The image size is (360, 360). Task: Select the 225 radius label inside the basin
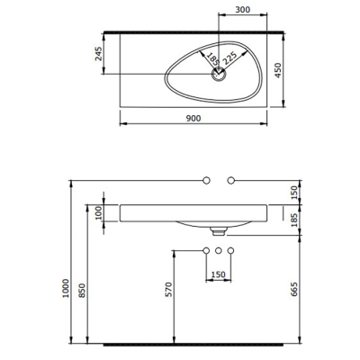click(x=230, y=59)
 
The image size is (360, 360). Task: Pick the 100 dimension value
click(x=97, y=212)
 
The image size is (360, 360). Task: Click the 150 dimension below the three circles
click(x=217, y=275)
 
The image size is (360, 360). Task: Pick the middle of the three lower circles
click(x=218, y=249)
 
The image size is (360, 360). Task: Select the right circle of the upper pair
click(x=231, y=181)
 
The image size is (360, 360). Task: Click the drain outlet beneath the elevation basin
click(x=218, y=229)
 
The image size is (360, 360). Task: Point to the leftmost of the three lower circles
click(x=205, y=249)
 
